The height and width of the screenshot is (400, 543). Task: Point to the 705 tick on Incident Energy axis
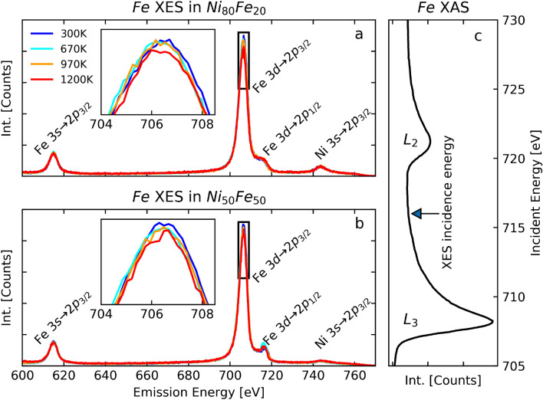(x=521, y=366)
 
